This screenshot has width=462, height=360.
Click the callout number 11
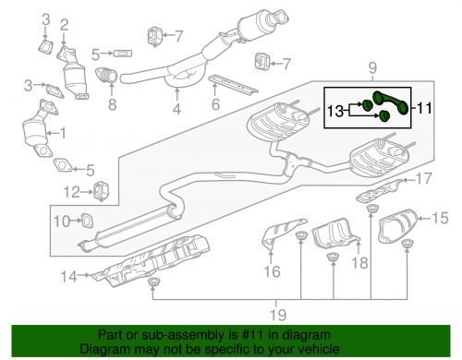425,108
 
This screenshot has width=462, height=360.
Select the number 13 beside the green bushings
335,111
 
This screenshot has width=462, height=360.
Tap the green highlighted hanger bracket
391,102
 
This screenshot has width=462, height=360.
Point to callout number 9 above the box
372,67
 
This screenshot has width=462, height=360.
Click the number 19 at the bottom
278,314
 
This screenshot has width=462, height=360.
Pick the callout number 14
68,276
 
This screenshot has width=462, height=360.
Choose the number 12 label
71,192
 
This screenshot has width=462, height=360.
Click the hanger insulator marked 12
102,191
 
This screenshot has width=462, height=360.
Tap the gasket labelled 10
87,221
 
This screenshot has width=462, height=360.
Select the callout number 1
62,133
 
